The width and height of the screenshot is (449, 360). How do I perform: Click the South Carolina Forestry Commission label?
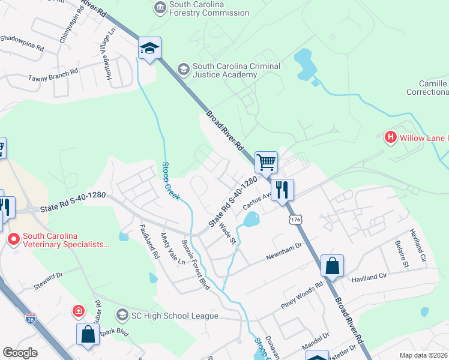pyautogui.click(x=209, y=8)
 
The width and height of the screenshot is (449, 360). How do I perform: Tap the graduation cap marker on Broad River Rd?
pyautogui.click(x=149, y=49)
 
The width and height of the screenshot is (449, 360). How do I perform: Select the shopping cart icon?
pyautogui.click(x=266, y=161)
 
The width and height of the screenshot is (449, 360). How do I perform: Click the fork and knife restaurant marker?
pyautogui.click(x=282, y=190)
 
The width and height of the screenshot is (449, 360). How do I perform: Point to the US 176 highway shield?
pyautogui.click(x=295, y=221)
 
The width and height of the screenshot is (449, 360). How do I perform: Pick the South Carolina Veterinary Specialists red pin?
pyautogui.click(x=14, y=239)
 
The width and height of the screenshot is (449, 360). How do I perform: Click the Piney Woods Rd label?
pyautogui.click(x=302, y=295)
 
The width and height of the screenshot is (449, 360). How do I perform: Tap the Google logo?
pyautogui.click(x=20, y=353)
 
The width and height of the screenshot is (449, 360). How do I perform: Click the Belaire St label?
pyautogui.click(x=402, y=256)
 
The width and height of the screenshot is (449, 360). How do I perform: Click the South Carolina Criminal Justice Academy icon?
pyautogui.click(x=183, y=70)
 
